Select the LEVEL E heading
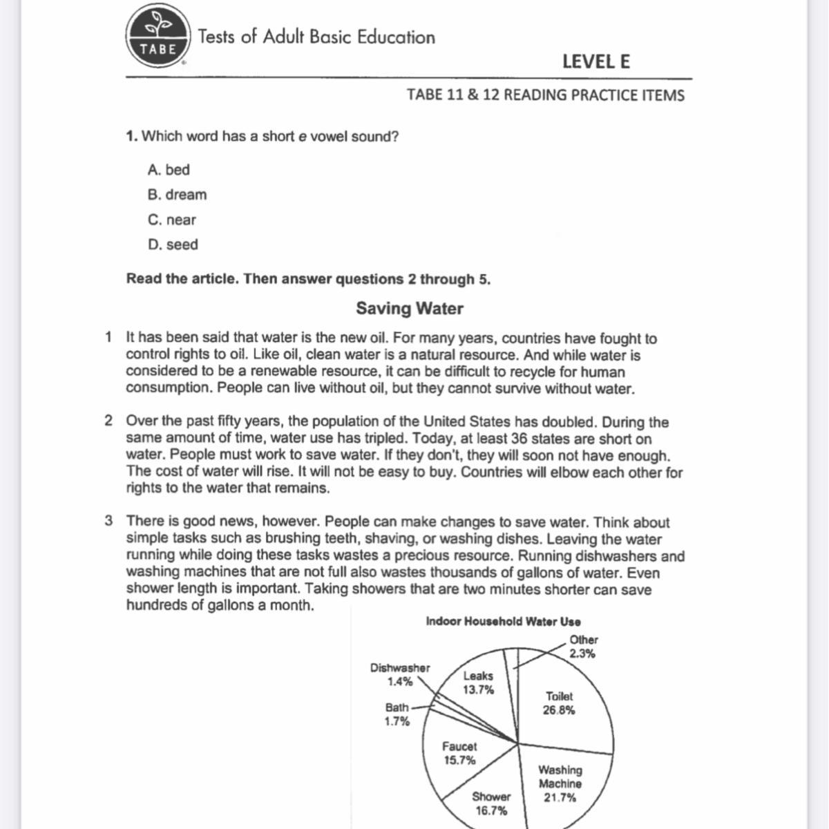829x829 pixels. tap(595, 61)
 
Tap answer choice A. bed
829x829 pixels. tap(169, 170)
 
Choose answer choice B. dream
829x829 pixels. tap(177, 195)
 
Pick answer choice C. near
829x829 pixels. tap(172, 220)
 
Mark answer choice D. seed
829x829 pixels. tap(173, 245)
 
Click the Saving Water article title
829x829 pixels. tap(410, 308)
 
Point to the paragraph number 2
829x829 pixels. tap(109, 421)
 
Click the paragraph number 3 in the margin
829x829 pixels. tap(109, 521)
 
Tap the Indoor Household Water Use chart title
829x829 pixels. tap(503, 621)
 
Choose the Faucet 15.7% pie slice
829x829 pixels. tap(459, 753)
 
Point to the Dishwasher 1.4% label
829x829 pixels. tap(400, 674)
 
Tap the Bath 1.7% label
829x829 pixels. tap(397, 714)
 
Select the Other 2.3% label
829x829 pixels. tap(583, 647)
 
